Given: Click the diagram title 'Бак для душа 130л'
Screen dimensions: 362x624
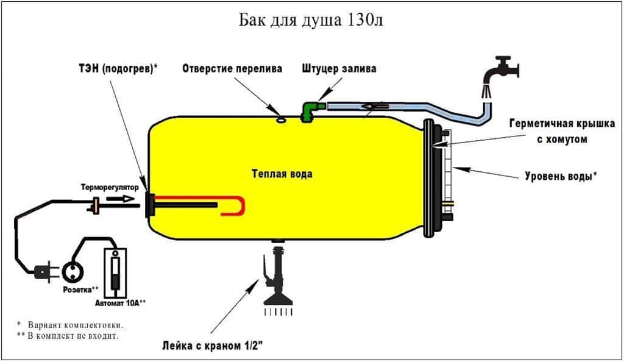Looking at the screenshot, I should (311, 20).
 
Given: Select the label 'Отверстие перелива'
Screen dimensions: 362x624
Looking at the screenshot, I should (232, 69).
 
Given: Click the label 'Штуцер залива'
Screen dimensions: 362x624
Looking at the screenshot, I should (339, 69).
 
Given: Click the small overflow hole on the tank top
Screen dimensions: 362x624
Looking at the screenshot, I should (282, 120).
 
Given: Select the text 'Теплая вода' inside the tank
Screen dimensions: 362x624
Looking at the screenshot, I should (282, 174).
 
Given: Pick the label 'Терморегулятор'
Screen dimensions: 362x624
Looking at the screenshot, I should (110, 188).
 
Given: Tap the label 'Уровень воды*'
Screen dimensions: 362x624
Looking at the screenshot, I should (561, 177).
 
